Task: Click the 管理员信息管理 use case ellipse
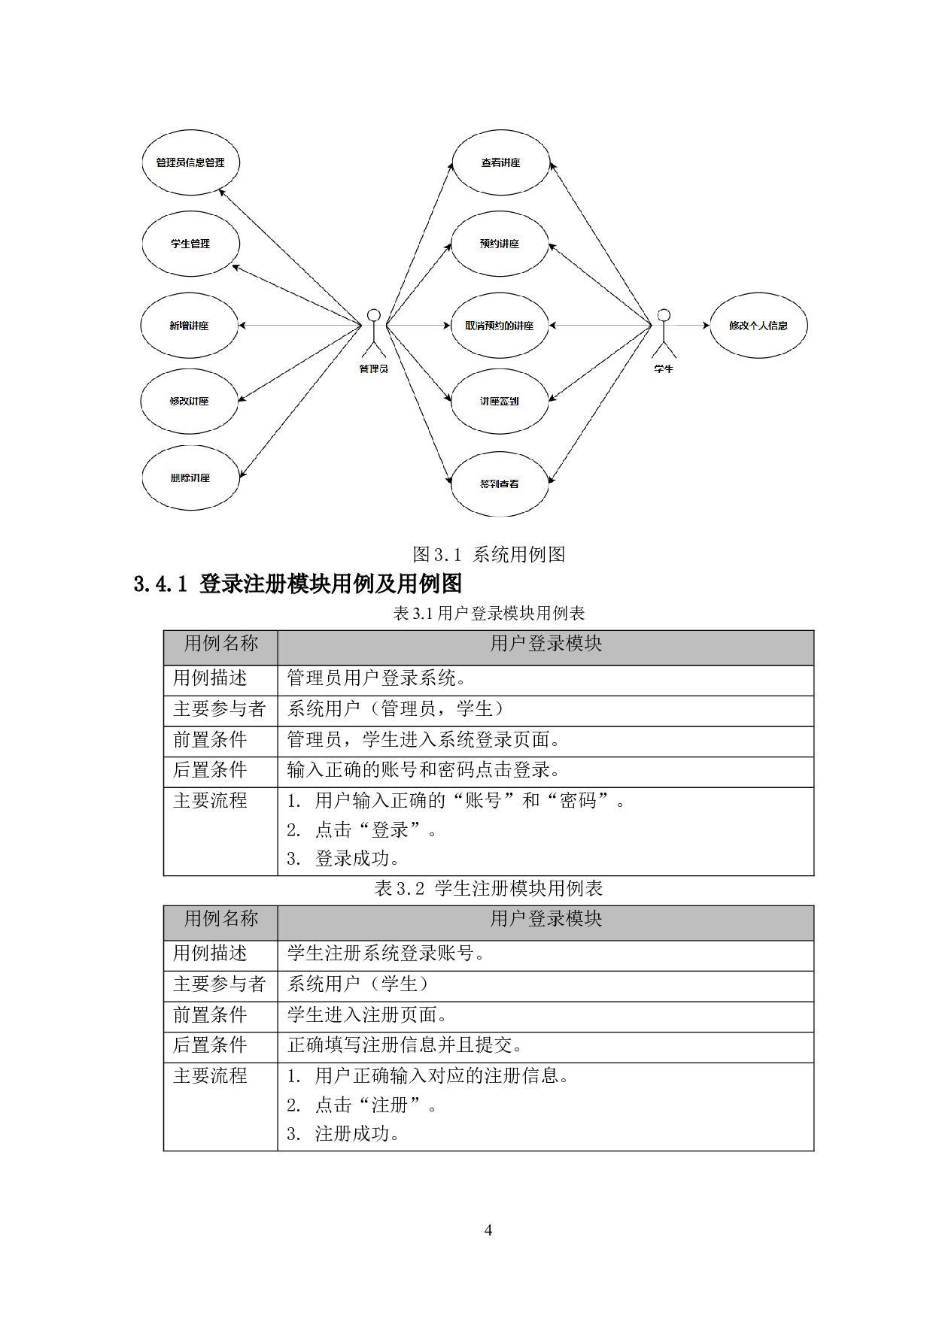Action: [190, 162]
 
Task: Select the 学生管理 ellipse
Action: [190, 244]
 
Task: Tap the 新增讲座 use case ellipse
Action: [189, 326]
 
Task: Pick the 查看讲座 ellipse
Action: [500, 162]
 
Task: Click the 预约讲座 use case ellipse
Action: [500, 244]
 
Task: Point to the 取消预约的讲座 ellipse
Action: [500, 326]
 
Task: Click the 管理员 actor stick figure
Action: [373, 334]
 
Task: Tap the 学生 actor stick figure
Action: [663, 334]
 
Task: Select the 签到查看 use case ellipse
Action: [500, 484]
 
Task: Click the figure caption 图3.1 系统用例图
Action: [488, 554]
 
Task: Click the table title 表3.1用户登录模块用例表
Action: [488, 614]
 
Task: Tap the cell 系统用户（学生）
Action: [358, 984]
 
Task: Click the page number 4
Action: [488, 1231]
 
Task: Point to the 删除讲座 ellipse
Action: [190, 478]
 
